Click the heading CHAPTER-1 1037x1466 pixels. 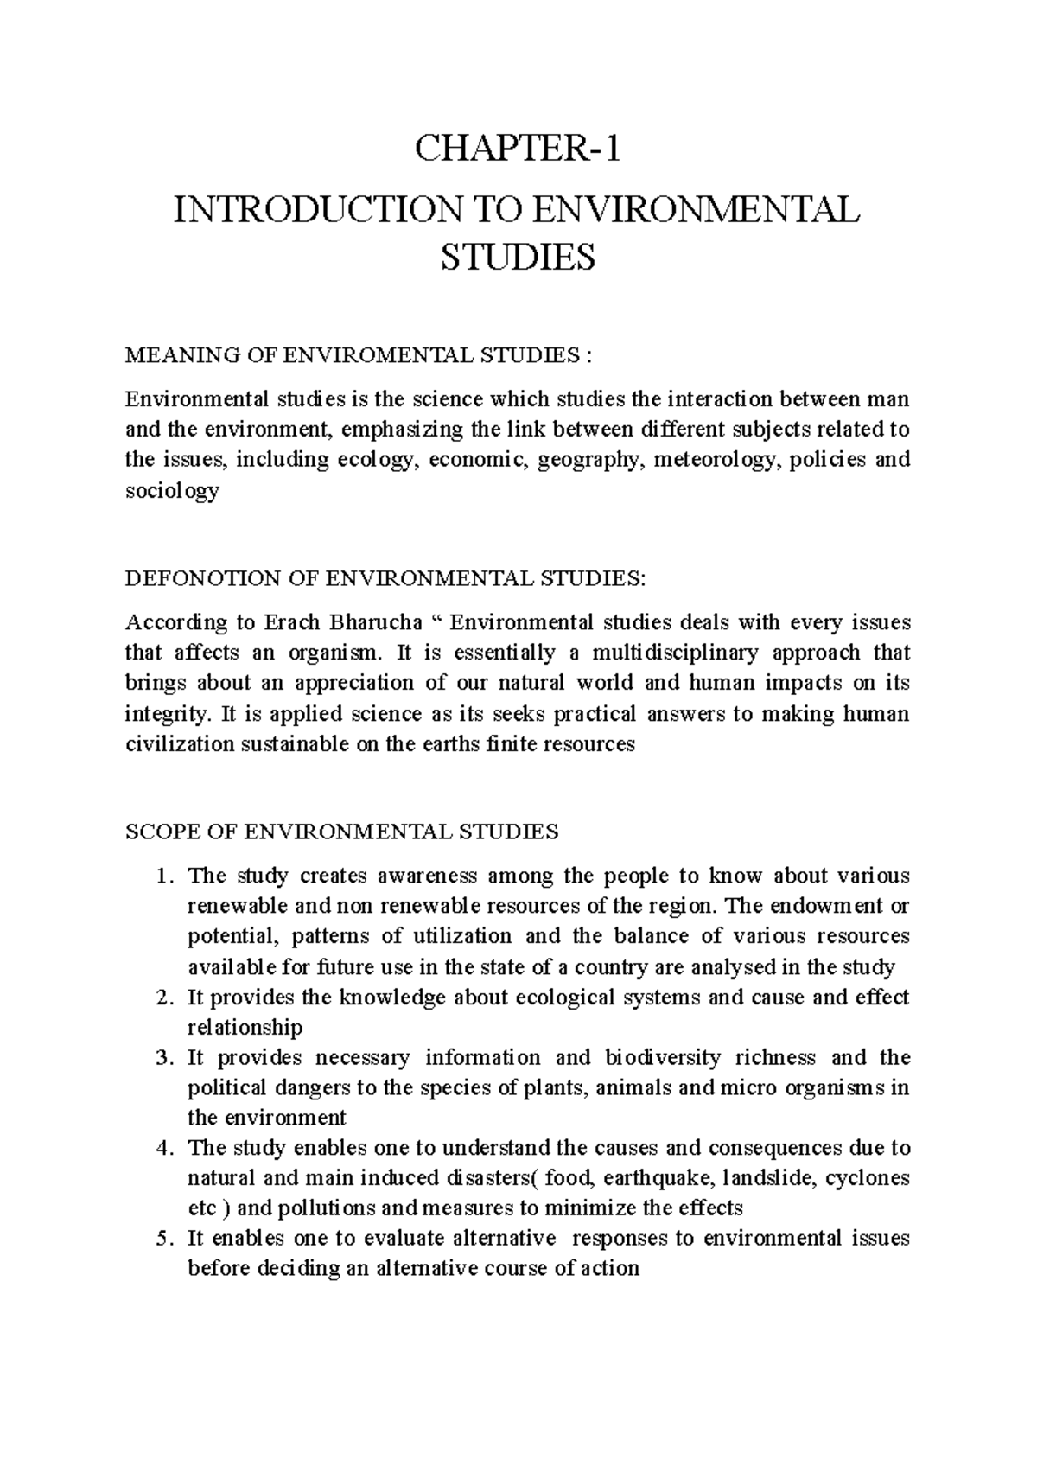point(518,150)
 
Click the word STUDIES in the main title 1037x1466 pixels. point(518,258)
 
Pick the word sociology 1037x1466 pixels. point(172,491)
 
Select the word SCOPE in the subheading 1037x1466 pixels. point(156,832)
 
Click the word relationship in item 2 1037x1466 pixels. point(245,1028)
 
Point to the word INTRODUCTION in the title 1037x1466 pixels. point(319,211)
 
